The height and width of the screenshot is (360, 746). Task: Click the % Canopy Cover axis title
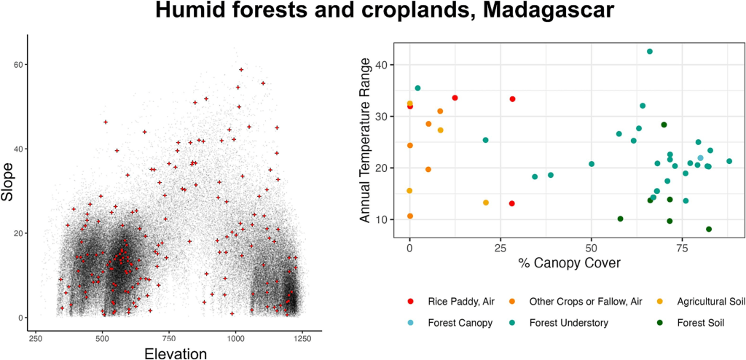569,262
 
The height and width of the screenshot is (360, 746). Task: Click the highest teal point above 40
649,52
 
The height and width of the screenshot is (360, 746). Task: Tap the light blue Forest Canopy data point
700,158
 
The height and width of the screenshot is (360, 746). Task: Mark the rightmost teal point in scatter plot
729,161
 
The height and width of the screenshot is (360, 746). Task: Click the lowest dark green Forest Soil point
708,229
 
